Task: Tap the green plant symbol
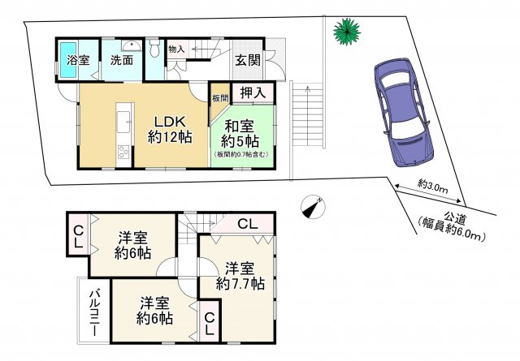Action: pos(347,32)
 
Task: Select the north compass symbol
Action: pos(313,207)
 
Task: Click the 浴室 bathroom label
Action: pos(78,60)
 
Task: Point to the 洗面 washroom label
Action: pos(122,60)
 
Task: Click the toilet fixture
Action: pos(154,48)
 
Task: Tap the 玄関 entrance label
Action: pos(248,61)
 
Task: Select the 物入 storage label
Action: pos(176,49)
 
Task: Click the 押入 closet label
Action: pos(253,92)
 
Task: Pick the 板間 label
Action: pos(220,98)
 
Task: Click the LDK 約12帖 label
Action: pos(170,130)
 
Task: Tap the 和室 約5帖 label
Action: pos(240,134)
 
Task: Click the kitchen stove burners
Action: pos(123,153)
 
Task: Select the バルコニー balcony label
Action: pos(94,313)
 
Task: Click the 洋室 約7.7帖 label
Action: pos(240,276)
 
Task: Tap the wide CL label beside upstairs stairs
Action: pos(248,225)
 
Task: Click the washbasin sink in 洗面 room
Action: pos(132,45)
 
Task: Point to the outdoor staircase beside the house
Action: pos(308,115)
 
